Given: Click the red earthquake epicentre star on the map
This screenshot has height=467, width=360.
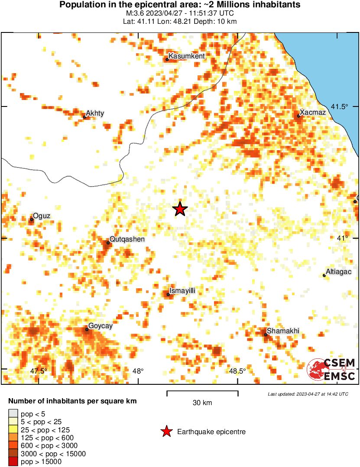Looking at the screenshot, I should click(180, 209).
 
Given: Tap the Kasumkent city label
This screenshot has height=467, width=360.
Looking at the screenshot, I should click(186, 56).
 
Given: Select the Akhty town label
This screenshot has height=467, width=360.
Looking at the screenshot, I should click(95, 113).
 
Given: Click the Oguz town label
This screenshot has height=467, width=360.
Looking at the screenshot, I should click(42, 216).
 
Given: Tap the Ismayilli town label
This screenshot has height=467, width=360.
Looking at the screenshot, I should click(182, 291).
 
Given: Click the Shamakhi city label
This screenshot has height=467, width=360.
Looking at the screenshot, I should click(283, 331).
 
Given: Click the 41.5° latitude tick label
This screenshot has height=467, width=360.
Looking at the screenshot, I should click(340, 107).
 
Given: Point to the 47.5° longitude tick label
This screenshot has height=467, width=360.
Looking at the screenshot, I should click(39, 371).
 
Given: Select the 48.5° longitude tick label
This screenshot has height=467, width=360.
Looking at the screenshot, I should click(237, 371).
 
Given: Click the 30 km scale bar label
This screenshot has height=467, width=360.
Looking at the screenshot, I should click(202, 403).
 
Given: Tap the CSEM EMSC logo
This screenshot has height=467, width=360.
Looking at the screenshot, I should click(331, 369).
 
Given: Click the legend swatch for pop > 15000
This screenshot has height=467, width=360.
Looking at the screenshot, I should click(13, 462).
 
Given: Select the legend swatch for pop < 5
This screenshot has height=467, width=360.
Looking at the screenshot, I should click(13, 414).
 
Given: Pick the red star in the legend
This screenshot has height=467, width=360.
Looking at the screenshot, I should click(166, 432).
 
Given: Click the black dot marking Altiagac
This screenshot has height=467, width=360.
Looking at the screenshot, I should click(324, 275).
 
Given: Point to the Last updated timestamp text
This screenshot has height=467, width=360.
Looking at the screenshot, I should click(308, 394).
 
